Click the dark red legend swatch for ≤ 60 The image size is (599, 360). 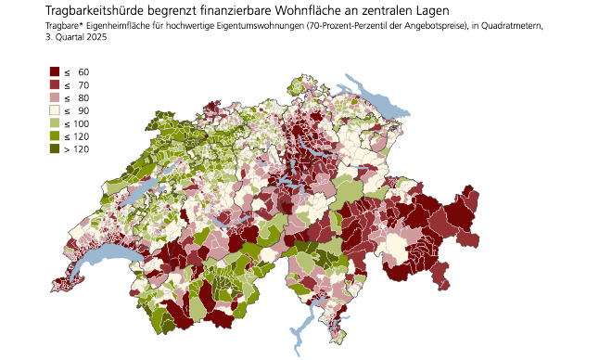tap(55, 71)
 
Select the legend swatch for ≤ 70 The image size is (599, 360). tap(55, 84)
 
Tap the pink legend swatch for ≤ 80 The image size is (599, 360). tap(55, 97)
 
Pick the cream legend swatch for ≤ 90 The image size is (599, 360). tap(55, 110)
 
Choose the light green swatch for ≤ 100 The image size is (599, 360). tap(55, 123)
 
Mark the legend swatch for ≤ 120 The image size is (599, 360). tap(55, 136)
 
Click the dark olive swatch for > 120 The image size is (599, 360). tap(55, 149)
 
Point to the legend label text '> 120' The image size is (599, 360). tap(76, 149)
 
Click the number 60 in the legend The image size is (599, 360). tap(83, 71)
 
